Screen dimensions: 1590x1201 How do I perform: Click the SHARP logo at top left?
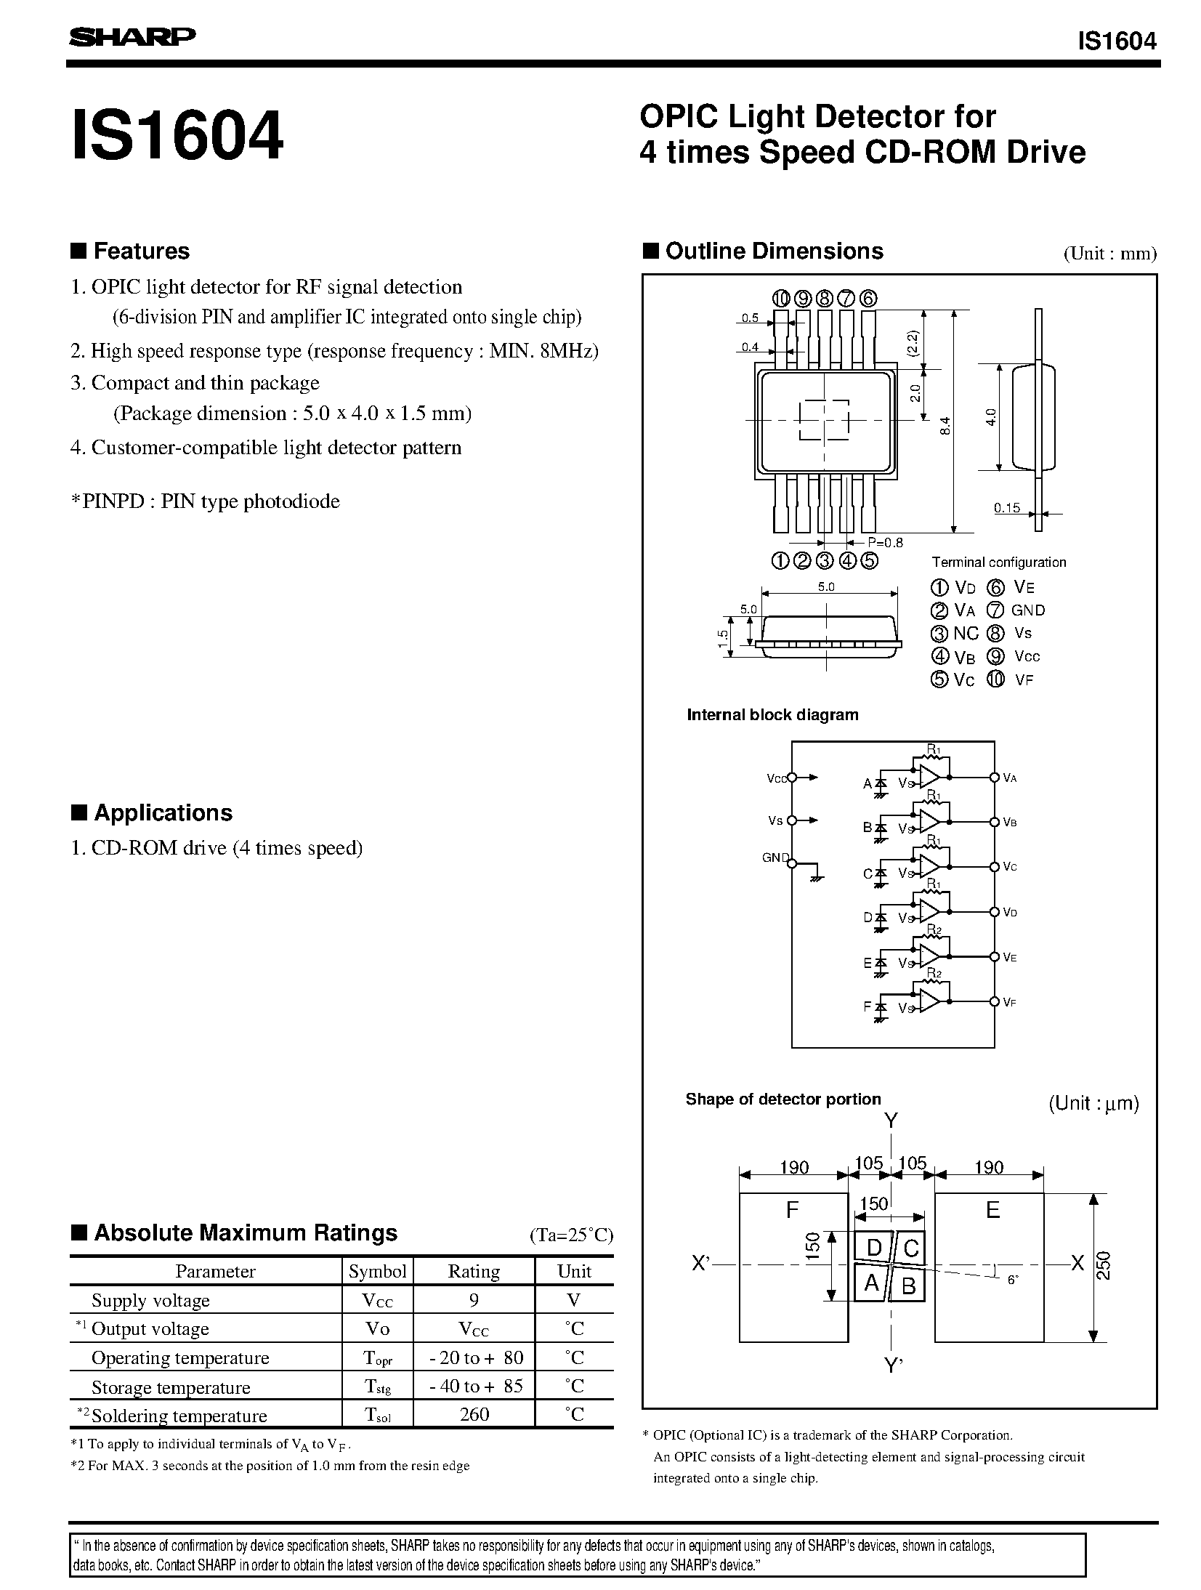[132, 38]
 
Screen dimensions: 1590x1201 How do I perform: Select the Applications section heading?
[163, 812]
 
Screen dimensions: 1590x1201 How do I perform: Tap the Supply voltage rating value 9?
[474, 1300]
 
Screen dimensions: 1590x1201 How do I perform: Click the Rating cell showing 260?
[474, 1414]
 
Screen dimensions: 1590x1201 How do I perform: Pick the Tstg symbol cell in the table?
[378, 1386]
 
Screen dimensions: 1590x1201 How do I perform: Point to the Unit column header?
[574, 1271]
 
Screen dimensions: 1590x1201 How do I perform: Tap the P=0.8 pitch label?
[885, 542]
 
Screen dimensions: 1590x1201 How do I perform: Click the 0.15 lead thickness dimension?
[1007, 508]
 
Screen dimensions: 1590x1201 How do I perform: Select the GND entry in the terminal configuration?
[1028, 610]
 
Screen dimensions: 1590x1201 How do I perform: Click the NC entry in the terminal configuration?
[966, 633]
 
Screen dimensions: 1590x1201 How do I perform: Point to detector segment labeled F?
[793, 1210]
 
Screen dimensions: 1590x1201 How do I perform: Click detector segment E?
[992, 1210]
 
